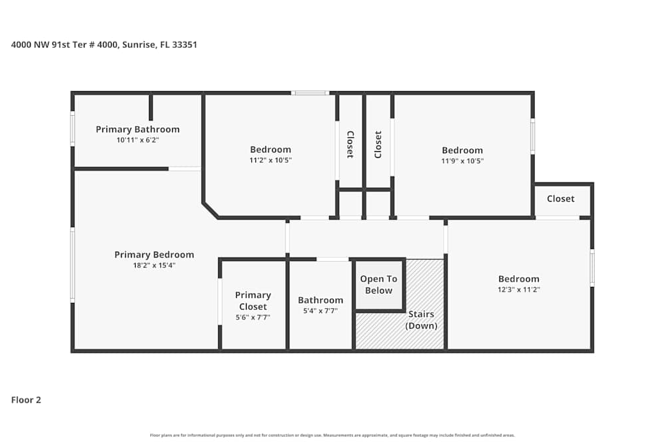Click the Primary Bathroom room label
pyautogui.click(x=138, y=129)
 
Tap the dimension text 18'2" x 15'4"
pyautogui.click(x=154, y=265)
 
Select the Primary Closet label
pyautogui.click(x=253, y=301)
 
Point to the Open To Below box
pyautogui.click(x=378, y=285)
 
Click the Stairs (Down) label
pyautogui.click(x=421, y=320)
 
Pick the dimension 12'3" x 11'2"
pyautogui.click(x=519, y=290)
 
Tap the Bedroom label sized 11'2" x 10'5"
pyautogui.click(x=270, y=150)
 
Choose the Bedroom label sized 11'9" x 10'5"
pyautogui.click(x=462, y=150)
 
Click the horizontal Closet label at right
pyautogui.click(x=561, y=199)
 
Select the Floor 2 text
pyautogui.click(x=26, y=400)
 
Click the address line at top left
pyautogui.click(x=104, y=45)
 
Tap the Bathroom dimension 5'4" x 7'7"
pyautogui.click(x=321, y=310)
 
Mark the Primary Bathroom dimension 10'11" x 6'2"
pyautogui.click(x=138, y=140)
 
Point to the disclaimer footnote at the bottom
pyautogui.click(x=332, y=435)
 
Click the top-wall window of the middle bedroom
pyautogui.click(x=310, y=93)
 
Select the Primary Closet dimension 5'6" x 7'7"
pyautogui.click(x=253, y=318)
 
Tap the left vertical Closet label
pyautogui.click(x=350, y=144)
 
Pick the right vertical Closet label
pyautogui.click(x=378, y=144)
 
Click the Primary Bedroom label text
pyautogui.click(x=154, y=254)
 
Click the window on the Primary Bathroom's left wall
pyautogui.click(x=72, y=128)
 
